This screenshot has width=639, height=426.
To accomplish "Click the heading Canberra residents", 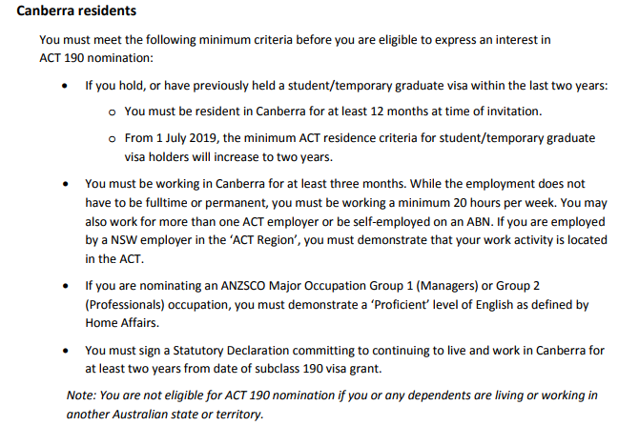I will pos(76,11).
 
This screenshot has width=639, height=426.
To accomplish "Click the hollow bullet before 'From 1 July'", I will pos(113,138).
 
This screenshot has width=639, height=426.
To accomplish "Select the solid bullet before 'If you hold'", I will pos(65,86).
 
